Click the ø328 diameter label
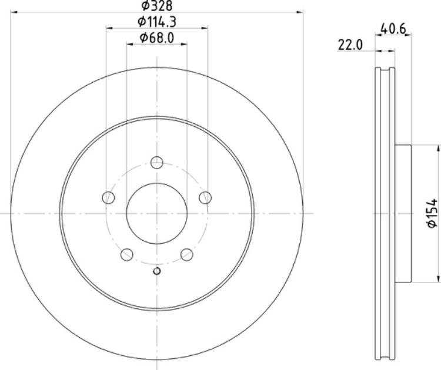(156, 5)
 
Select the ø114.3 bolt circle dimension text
(157, 22)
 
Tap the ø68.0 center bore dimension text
(157, 38)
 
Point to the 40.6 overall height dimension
(393, 28)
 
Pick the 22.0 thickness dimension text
(350, 45)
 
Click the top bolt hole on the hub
(156, 162)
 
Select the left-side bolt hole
(108, 197)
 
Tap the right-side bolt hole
(205, 197)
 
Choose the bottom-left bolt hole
(127, 254)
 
